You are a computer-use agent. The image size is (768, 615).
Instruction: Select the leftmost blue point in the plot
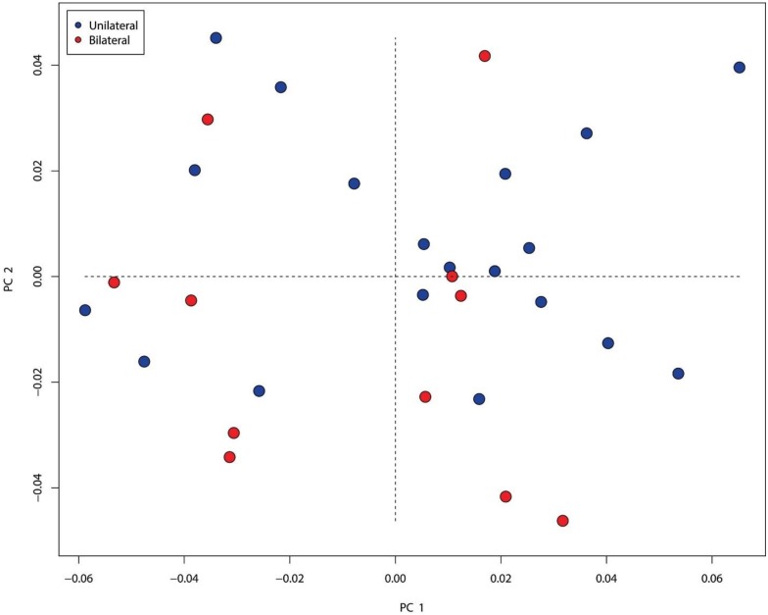click(85, 310)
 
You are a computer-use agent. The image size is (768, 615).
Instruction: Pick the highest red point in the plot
click(485, 56)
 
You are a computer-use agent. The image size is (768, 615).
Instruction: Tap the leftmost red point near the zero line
click(115, 282)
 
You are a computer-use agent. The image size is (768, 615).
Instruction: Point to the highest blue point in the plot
click(216, 38)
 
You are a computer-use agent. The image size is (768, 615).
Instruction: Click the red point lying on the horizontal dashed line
click(452, 277)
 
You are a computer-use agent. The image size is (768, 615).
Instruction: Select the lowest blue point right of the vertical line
click(479, 399)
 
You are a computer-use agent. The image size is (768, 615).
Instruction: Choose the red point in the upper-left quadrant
click(208, 120)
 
